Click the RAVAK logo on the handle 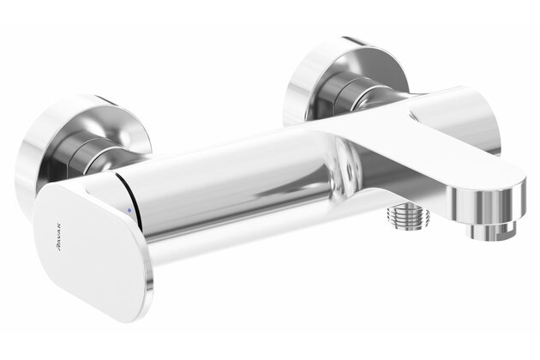click(x=59, y=237)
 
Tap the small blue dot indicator click(x=129, y=210)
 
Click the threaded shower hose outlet click(x=409, y=215)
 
